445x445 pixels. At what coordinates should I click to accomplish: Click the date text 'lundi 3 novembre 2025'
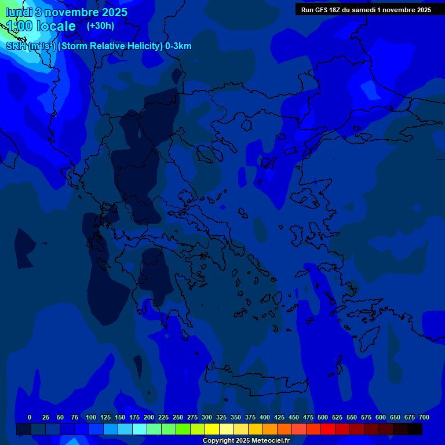[67, 12]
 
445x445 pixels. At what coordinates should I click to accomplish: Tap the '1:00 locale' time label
[41, 26]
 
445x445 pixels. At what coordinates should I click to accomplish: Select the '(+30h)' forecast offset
[100, 25]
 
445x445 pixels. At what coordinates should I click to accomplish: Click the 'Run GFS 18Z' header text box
[366, 9]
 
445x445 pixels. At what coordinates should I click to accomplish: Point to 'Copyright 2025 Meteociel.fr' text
[246, 440]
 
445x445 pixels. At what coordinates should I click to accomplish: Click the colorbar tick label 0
[30, 417]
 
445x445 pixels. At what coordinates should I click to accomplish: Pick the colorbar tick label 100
[91, 417]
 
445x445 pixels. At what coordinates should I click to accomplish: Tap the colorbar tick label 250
[178, 417]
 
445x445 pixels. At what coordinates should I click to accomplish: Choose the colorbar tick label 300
[207, 417]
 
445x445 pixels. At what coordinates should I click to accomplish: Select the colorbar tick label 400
[265, 417]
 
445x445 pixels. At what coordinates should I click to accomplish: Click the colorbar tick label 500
[323, 417]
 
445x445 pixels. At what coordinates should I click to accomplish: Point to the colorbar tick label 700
[424, 417]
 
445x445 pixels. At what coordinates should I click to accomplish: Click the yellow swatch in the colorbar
[212, 429]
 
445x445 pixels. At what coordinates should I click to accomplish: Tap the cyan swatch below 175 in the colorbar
[140, 429]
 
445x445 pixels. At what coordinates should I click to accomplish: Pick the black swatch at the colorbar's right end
[415, 429]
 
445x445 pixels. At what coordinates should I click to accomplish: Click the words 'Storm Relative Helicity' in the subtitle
[110, 46]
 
